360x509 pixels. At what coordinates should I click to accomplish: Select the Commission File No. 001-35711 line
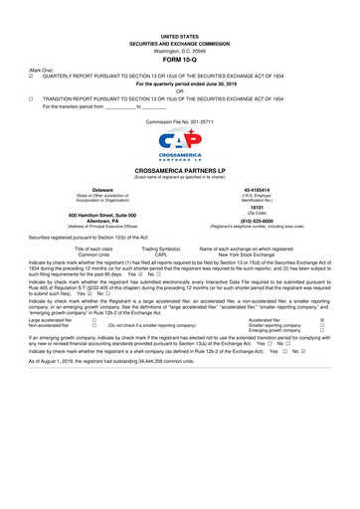point(179,119)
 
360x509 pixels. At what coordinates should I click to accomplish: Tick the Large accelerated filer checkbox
point(93,320)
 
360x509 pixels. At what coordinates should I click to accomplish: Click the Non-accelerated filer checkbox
point(93,326)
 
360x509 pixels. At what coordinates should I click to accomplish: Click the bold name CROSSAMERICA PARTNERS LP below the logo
point(179,171)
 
